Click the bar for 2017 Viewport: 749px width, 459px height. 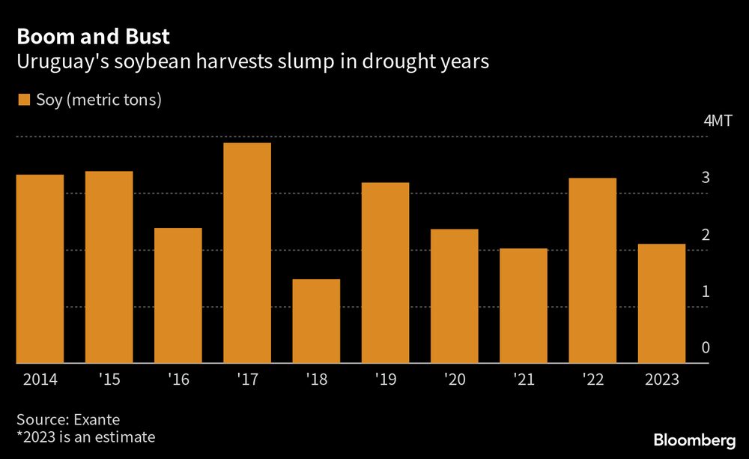coord(247,253)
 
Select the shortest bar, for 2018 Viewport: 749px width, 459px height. coord(316,321)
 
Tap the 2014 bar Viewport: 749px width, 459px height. coord(40,268)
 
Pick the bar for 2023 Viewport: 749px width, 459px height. coord(661,303)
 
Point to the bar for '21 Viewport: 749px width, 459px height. coord(524,305)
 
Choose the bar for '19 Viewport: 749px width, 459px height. coord(386,273)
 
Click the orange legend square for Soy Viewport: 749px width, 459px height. coord(22,100)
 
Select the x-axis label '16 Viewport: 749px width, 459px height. coord(178,379)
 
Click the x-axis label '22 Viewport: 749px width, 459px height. coord(592,379)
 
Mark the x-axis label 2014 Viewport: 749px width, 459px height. coord(40,379)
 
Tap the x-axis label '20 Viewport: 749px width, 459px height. coord(455,379)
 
